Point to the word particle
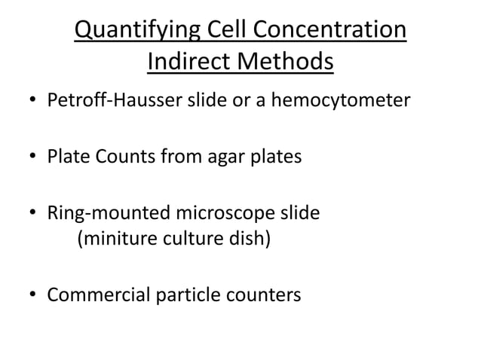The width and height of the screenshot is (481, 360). click(184, 294)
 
